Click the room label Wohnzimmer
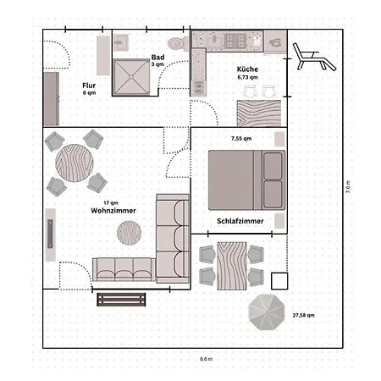pyautogui.click(x=113, y=211)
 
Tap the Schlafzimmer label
pyautogui.click(x=240, y=221)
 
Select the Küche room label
pyautogui.click(x=247, y=69)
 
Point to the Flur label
pyautogui.click(x=89, y=86)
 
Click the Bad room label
pyautogui.click(x=157, y=58)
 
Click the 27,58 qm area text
pyautogui.click(x=303, y=315)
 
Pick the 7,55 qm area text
pyautogui.click(x=241, y=138)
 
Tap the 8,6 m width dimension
pyautogui.click(x=206, y=359)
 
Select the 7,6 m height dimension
pyautogui.click(x=348, y=187)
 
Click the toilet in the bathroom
pyautogui.click(x=179, y=43)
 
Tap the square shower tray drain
pyautogui.click(x=131, y=77)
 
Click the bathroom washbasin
pyautogui.click(x=121, y=42)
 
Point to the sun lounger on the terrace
pyautogui.click(x=314, y=58)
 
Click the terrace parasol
pyautogui.click(x=267, y=312)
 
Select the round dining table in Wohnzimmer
pyautogui.click(x=75, y=163)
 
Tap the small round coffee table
pyautogui.click(x=130, y=233)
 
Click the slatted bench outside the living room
pyautogui.click(x=121, y=300)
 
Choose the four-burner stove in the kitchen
pyautogui.click(x=235, y=41)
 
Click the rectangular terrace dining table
pyautogui.click(x=232, y=266)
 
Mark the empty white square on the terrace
pyautogui.click(x=279, y=281)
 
